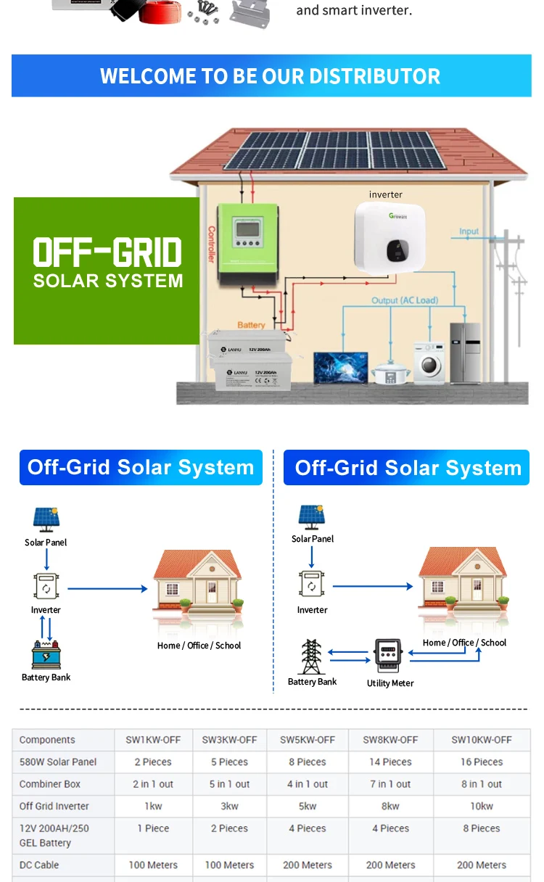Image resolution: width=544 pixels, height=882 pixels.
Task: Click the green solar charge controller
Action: tap(249, 244)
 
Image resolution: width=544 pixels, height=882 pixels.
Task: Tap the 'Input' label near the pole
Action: tap(469, 231)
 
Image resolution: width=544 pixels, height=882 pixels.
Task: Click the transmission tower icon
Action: tap(311, 656)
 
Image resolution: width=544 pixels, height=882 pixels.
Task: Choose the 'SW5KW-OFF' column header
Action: tap(308, 740)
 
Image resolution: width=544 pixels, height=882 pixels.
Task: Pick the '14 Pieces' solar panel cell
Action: tap(391, 762)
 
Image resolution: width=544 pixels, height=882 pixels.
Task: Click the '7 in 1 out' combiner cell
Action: tap(391, 784)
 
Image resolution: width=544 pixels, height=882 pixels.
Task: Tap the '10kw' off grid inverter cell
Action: tap(481, 806)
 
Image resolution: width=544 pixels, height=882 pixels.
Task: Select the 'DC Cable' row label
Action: tap(39, 865)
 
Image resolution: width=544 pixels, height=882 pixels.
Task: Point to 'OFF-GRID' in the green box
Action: tap(107, 253)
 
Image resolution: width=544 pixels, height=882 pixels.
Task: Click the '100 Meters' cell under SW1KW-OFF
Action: tap(152, 865)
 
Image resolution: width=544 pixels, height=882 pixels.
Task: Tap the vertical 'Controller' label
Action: tap(212, 245)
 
